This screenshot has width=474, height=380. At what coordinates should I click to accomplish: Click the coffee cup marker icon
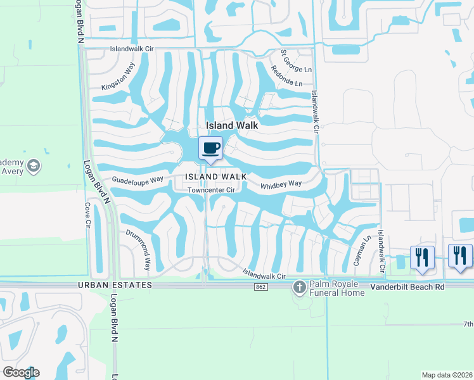(211, 148)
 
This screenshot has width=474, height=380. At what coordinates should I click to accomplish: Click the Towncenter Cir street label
(212, 189)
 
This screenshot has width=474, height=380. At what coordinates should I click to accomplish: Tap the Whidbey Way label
(281, 185)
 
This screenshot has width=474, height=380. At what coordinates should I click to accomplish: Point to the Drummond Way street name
(138, 250)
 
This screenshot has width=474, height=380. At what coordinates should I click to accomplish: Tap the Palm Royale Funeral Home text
(336, 289)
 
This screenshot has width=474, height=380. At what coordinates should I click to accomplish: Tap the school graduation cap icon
(34, 167)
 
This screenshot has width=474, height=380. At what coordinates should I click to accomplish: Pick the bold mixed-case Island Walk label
(231, 125)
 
